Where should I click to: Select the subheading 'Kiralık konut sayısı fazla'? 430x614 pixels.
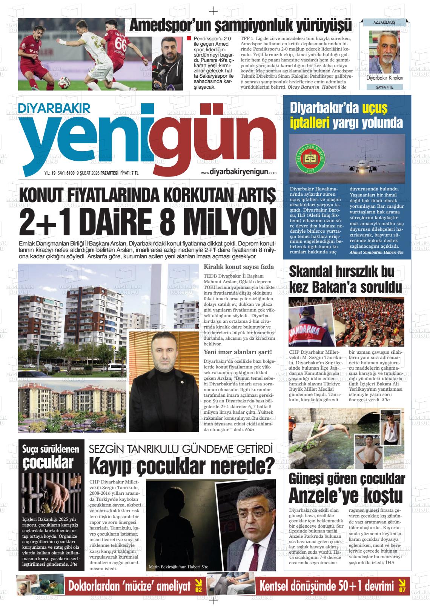point(238,267)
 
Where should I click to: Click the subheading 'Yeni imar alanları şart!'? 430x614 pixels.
point(238,352)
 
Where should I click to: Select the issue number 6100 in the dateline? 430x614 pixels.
point(70,173)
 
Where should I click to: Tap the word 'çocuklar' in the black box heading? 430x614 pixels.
point(48,463)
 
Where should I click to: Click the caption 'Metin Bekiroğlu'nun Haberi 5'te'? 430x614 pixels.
point(178,567)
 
